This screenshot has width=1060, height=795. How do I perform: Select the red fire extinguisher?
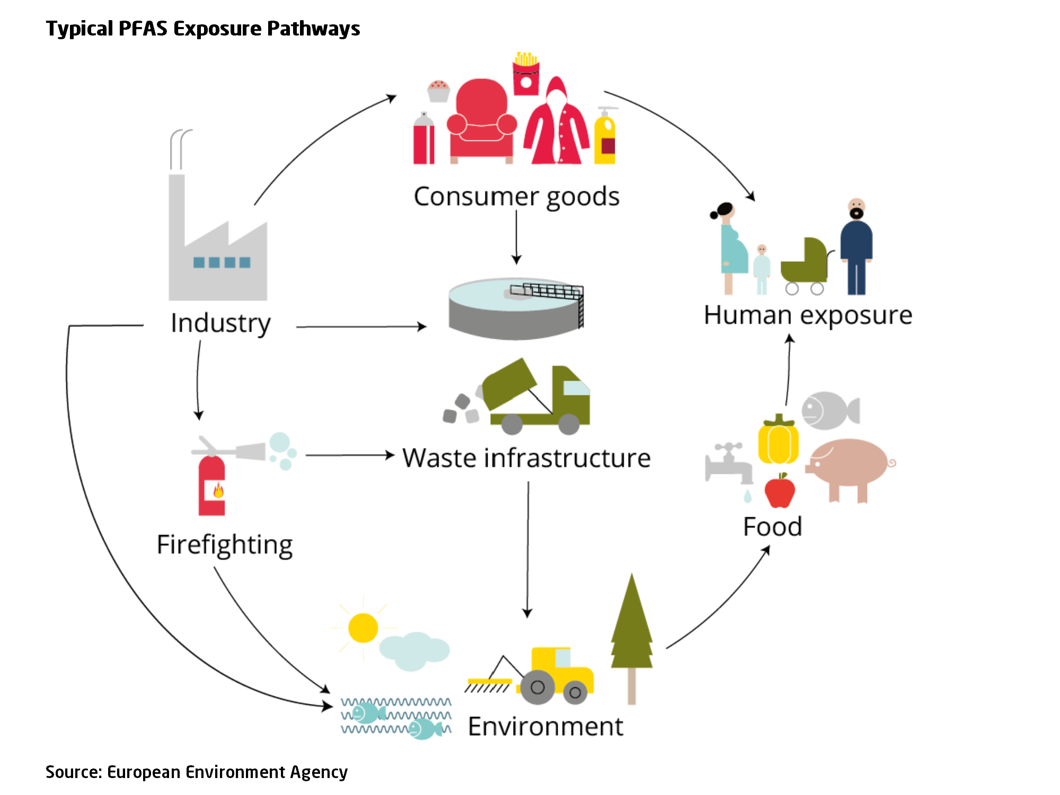[x=212, y=485]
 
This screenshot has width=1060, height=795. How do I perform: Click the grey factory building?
[x=217, y=249]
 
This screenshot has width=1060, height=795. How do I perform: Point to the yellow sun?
[x=363, y=628]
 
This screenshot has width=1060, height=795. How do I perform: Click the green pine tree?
[x=631, y=631]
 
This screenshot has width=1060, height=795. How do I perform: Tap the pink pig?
[x=848, y=464]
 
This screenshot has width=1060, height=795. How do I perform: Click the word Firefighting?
[x=225, y=545]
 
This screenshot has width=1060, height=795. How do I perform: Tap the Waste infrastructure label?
[x=526, y=458]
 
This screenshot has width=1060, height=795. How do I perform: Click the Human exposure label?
[x=808, y=315]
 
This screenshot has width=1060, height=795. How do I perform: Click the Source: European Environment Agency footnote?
[x=197, y=772]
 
